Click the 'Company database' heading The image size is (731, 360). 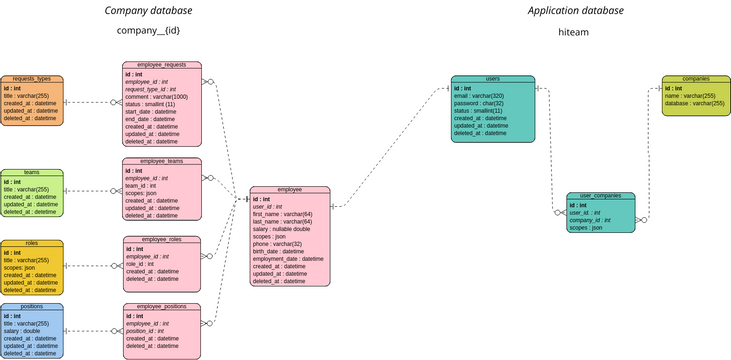[x=149, y=11]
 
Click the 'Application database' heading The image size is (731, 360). [x=575, y=11]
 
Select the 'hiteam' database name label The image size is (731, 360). [x=575, y=33]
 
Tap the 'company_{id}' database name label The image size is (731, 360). [x=149, y=31]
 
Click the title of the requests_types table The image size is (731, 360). [x=32, y=78]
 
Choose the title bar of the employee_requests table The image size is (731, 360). [x=161, y=64]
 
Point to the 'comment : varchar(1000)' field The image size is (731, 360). [x=156, y=97]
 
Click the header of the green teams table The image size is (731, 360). [x=32, y=172]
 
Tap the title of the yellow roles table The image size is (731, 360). [x=32, y=243]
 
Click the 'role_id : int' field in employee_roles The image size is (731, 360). [x=140, y=264]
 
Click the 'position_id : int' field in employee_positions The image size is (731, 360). [x=147, y=330]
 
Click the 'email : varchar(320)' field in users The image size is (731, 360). [x=479, y=96]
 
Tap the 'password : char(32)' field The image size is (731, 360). [x=478, y=103]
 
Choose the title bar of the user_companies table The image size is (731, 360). [x=601, y=196]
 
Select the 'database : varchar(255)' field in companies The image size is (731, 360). [x=695, y=103]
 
